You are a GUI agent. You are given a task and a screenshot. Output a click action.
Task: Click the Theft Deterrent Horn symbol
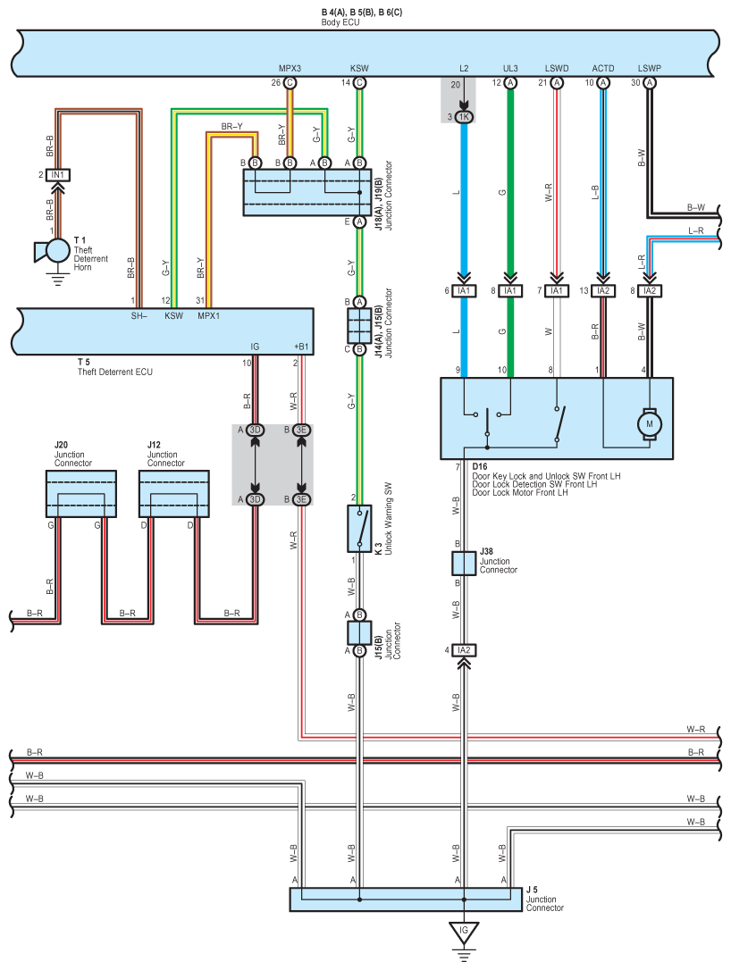pyautogui.click(x=54, y=251)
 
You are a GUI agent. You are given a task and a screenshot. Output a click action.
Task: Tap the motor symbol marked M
pyautogui.click(x=650, y=424)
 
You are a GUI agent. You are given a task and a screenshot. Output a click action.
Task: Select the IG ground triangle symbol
pyautogui.click(x=464, y=932)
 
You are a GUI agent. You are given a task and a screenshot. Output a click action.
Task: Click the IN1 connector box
pyautogui.click(x=57, y=175)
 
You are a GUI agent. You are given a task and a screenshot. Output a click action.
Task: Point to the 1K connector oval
pyautogui.click(x=464, y=116)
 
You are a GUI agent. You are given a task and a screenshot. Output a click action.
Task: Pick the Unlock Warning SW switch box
pyautogui.click(x=359, y=528)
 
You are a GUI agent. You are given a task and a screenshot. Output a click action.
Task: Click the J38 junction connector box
pyautogui.click(x=464, y=564)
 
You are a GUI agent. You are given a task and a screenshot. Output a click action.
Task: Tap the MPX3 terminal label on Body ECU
pyautogui.click(x=290, y=69)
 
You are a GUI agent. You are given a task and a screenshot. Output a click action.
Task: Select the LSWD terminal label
pyautogui.click(x=557, y=69)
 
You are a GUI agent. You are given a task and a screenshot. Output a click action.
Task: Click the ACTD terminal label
pyautogui.click(x=603, y=69)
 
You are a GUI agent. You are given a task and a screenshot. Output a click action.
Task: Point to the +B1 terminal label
pyautogui.click(x=301, y=347)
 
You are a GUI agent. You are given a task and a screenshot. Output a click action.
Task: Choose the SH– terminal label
pyautogui.click(x=139, y=316)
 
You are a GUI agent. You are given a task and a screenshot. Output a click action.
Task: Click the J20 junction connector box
pyautogui.click(x=81, y=494)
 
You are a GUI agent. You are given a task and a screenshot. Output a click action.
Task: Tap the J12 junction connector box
pyautogui.click(x=174, y=494)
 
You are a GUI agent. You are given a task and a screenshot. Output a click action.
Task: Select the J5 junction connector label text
pyautogui.click(x=545, y=899)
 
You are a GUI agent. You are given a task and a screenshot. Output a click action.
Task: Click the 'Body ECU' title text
pyautogui.click(x=340, y=22)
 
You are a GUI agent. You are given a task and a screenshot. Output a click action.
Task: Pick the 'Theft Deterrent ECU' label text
pyautogui.click(x=114, y=372)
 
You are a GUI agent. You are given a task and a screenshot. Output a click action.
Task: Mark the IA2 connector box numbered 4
pyautogui.click(x=464, y=650)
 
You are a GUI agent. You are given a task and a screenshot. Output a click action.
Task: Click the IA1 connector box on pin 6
pyautogui.click(x=464, y=291)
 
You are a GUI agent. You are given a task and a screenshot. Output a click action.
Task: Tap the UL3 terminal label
pyautogui.click(x=510, y=69)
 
